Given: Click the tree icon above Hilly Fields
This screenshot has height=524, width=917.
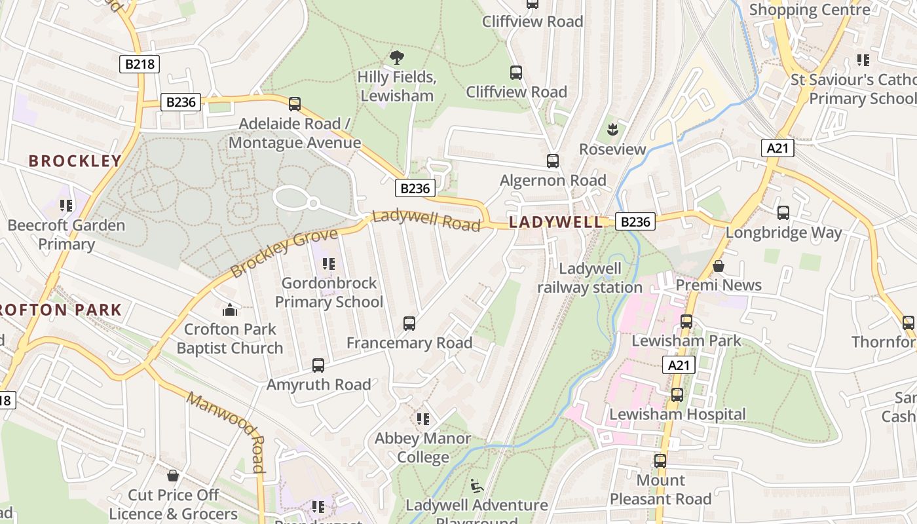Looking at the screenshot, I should click(396, 58).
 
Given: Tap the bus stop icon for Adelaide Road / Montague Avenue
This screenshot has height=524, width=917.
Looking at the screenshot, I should click(295, 103).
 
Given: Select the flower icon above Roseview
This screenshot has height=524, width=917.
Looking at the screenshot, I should click(612, 130).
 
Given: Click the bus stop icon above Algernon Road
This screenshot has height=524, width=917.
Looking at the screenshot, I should click(553, 160).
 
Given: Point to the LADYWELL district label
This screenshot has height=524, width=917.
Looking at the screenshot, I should click(555, 222).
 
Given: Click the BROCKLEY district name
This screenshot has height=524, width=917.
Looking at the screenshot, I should click(75, 161).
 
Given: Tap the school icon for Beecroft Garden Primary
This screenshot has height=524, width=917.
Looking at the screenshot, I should click(66, 206).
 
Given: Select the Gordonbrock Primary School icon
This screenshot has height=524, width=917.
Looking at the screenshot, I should click(329, 264).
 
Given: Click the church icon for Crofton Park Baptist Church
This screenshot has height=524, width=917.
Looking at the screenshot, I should click(229, 309).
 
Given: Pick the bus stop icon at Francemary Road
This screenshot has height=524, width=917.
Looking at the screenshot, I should click(409, 323).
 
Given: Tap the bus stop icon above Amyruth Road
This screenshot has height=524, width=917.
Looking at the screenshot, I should click(318, 365).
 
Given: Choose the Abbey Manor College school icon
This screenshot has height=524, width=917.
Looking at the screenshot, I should click(422, 419).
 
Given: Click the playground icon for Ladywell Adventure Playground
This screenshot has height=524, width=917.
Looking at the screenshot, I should click(477, 486).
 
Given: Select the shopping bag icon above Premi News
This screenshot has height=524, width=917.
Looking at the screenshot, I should click(719, 266).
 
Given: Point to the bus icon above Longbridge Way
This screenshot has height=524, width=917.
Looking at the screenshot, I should click(783, 213).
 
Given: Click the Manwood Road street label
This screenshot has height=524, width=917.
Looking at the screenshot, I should click(227, 432).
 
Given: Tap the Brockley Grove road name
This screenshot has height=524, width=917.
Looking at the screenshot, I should click(284, 252).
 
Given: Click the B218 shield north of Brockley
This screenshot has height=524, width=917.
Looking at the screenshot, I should click(140, 64).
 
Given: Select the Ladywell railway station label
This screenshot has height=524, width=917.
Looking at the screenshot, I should click(589, 278).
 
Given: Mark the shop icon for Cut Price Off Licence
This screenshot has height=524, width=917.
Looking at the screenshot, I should click(173, 476).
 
